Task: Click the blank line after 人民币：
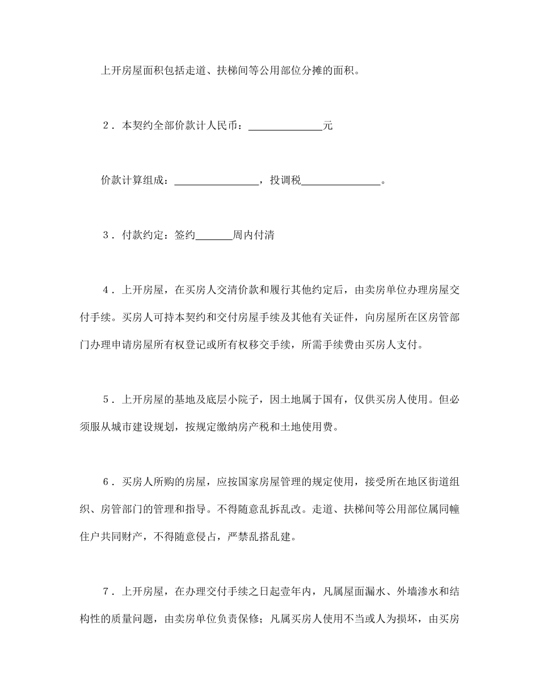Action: coord(285,127)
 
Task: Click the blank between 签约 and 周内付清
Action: coord(214,236)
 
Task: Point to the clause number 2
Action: coord(106,126)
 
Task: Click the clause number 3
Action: coord(106,236)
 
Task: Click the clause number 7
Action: coord(106,591)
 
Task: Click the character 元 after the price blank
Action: coord(327,126)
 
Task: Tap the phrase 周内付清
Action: coord(254,236)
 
